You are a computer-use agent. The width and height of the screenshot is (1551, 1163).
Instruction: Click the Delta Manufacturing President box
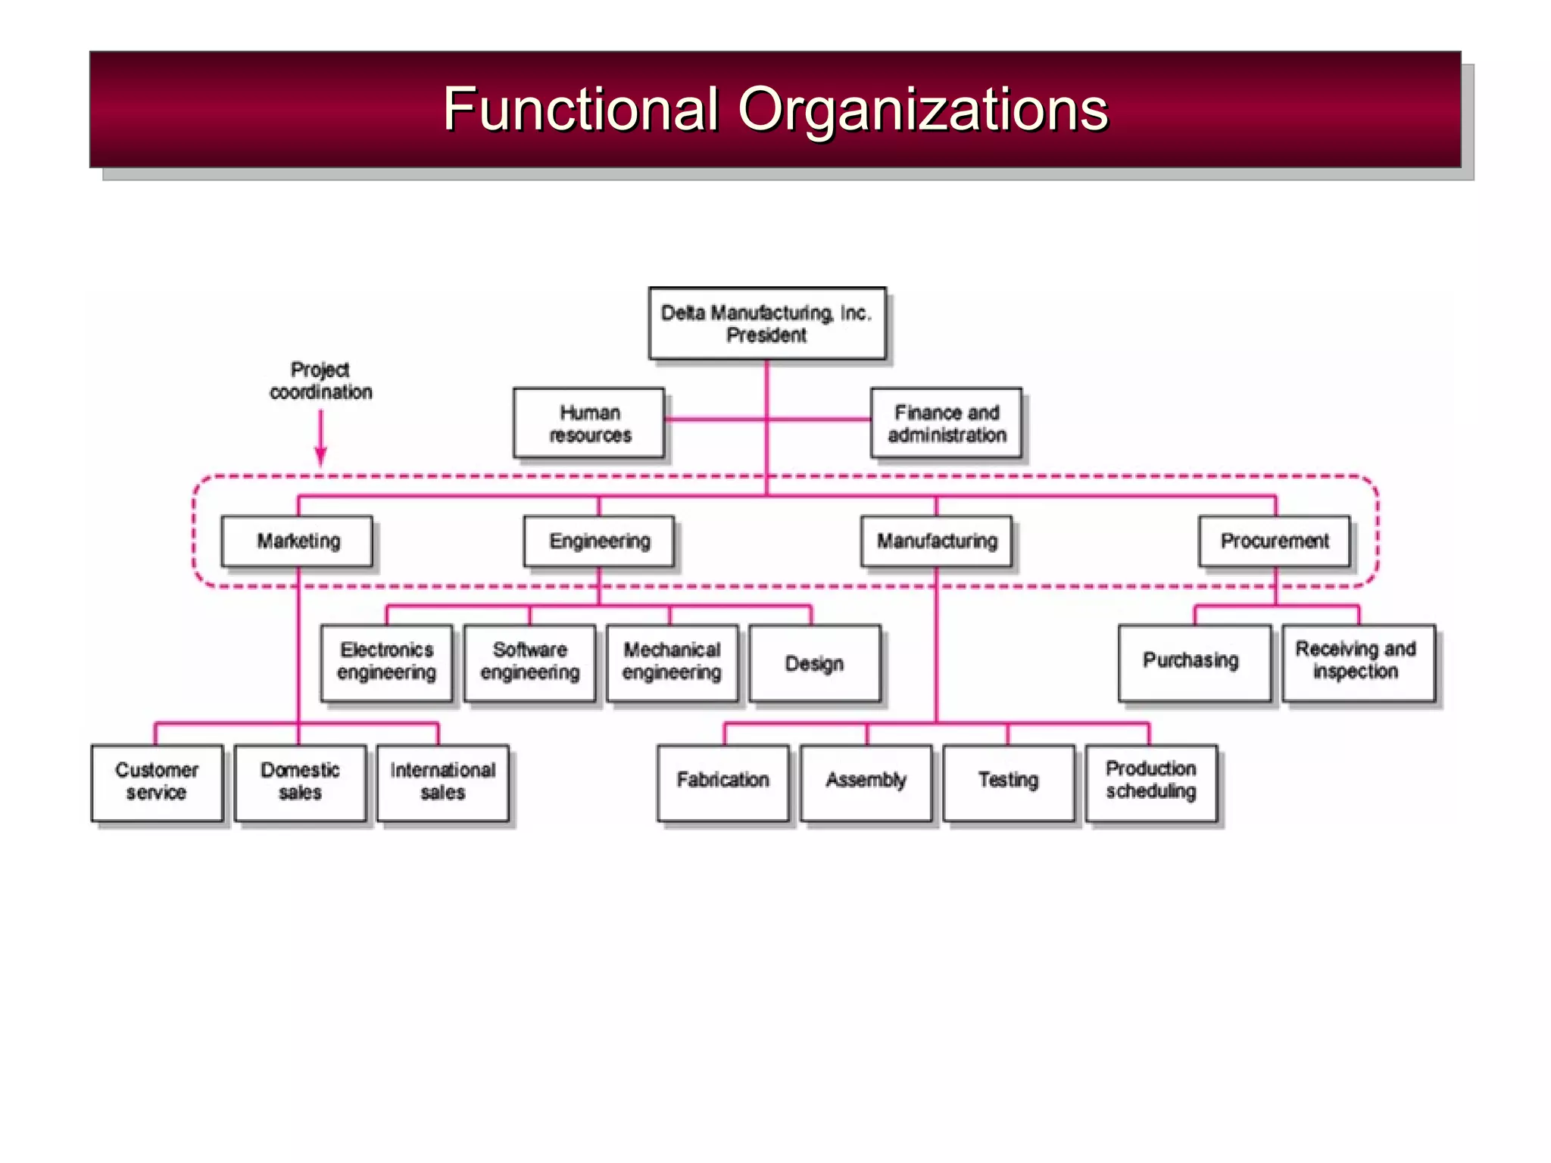pos(766,323)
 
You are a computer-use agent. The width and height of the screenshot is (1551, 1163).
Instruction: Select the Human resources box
pos(589,423)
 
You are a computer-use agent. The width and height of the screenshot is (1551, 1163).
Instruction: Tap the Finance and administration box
pos(946,423)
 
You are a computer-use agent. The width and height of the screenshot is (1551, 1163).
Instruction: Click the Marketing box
pos(298,541)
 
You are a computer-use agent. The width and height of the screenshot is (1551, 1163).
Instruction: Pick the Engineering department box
pos(599,541)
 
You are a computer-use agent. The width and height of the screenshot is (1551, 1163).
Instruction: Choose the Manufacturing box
pos(937,541)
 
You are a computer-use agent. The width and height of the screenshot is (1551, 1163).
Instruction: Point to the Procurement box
pos(1275,541)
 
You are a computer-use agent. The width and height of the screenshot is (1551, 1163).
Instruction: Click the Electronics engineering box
pos(386,662)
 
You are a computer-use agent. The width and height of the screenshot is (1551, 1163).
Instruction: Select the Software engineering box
pos(529,662)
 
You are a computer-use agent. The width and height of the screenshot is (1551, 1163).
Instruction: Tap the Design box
pos(815,663)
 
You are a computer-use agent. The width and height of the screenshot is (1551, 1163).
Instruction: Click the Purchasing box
pos(1194,662)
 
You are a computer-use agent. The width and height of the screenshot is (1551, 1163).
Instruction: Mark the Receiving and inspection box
pos(1358,662)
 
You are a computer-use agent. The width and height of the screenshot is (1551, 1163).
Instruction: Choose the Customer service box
pos(157,782)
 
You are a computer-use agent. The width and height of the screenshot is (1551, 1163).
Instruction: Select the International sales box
pos(443,782)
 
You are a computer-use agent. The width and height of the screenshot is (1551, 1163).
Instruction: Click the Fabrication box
pos(723,782)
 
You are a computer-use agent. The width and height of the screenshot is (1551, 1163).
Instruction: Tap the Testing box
pos(1009,782)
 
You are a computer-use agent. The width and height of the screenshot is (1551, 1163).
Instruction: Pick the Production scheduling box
pos(1151,782)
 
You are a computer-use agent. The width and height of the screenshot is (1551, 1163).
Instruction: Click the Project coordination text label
pos(320,381)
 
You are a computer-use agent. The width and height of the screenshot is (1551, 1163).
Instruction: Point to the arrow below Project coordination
pos(320,438)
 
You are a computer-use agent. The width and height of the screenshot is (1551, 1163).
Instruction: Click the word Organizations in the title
pos(922,109)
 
